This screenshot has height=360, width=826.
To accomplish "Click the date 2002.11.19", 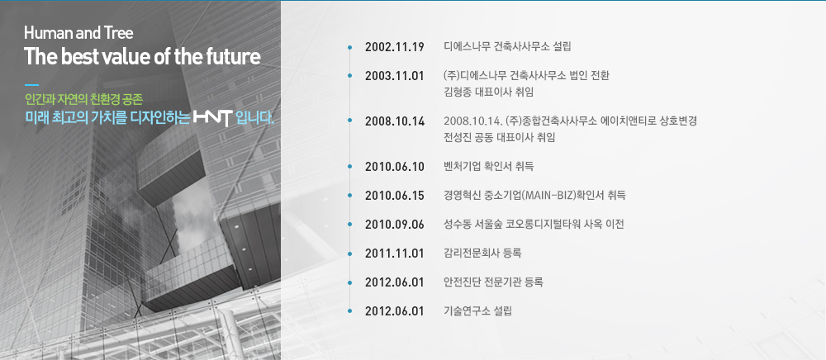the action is pos(395,47).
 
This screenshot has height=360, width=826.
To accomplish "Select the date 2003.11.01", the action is pos(395,76).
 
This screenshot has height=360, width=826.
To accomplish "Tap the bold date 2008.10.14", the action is pos(395,121).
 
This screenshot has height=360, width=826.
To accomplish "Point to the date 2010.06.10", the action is pos(395,167).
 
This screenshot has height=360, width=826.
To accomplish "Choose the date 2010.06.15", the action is pos(395,196).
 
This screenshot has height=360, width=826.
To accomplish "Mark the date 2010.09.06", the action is pos(395,225).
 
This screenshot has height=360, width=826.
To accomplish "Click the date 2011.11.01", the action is pos(395,253).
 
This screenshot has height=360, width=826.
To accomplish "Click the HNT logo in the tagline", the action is pos(213,117).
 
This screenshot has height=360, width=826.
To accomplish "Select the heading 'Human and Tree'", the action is pos(78,33).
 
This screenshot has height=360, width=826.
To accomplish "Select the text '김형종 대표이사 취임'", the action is pos(489,92).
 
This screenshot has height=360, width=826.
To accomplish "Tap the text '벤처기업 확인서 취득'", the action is pos(489,167).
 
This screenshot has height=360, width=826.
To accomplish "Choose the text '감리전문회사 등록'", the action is pos(482,253).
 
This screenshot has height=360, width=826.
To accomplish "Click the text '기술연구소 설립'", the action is pos(477,310).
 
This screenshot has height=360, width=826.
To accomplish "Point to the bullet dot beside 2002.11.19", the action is pos(349,47).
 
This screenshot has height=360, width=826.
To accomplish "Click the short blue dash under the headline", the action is pos(31,84).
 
